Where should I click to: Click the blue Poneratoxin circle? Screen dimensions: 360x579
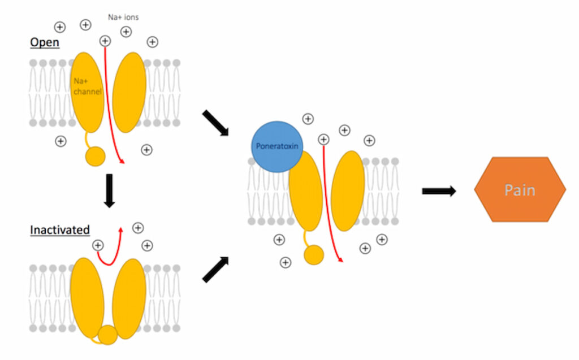278,145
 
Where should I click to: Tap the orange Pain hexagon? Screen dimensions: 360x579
520,189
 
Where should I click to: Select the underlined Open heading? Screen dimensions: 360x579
44,42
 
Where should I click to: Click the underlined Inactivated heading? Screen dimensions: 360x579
59,230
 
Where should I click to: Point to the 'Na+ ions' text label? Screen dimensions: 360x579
123,17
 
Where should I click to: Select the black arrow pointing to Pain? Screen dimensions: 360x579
439,191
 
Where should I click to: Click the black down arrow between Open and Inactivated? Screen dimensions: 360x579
110,190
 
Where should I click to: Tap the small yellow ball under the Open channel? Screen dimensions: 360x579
96,157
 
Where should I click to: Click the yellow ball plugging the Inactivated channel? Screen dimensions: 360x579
107,335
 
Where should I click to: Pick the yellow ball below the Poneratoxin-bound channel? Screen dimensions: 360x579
314,255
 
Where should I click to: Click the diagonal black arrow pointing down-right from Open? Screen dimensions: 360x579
215,123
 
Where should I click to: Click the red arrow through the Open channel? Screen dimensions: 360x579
111,107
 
